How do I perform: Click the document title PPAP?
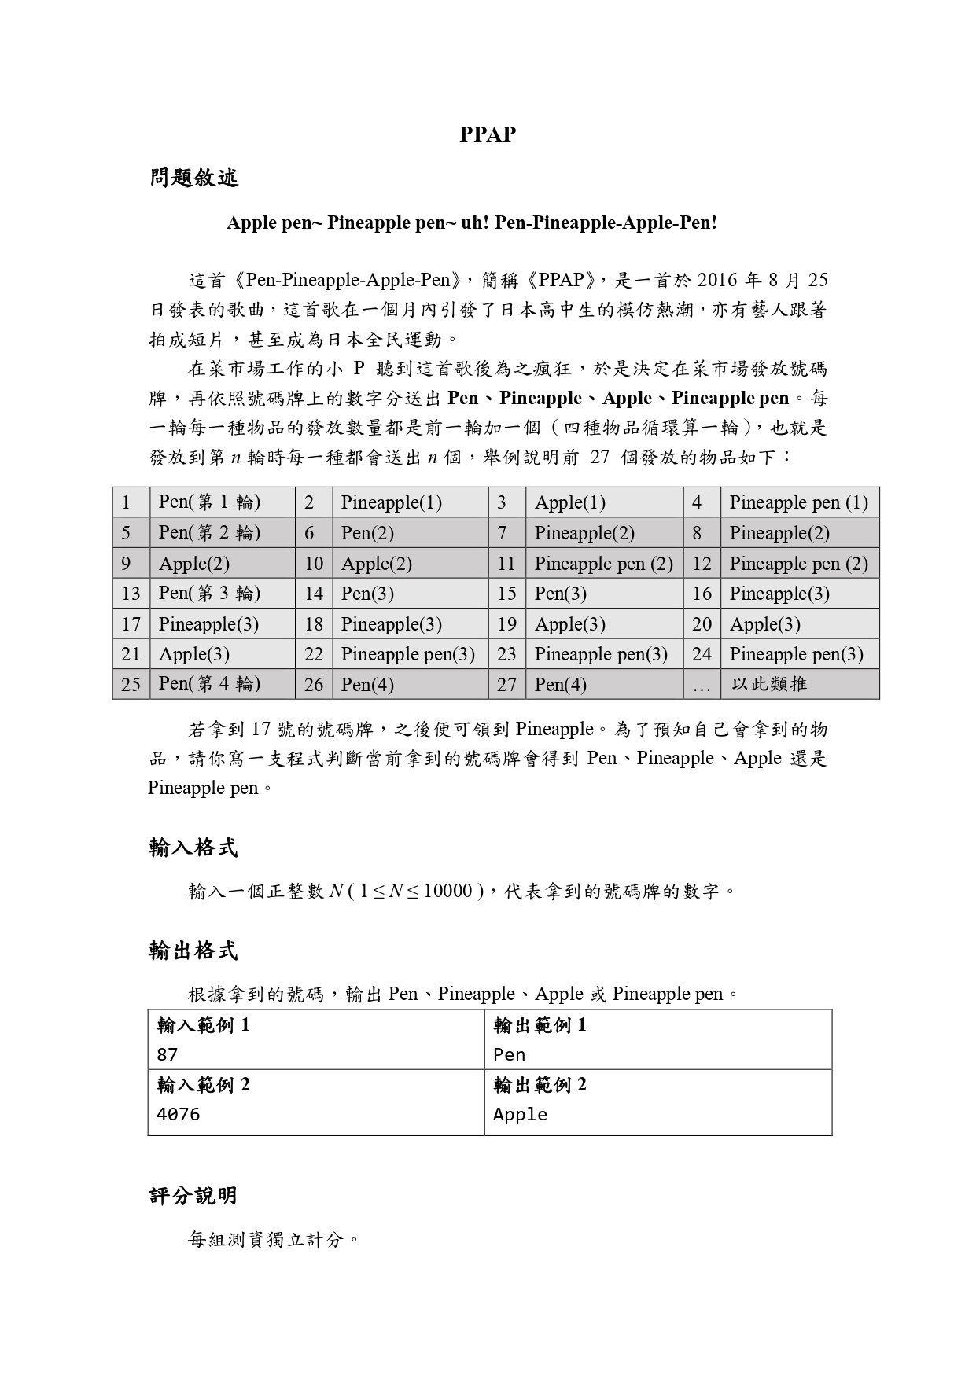(488, 134)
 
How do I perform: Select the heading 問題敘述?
(193, 178)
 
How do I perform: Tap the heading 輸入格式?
(193, 848)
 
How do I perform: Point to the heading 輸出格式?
(193, 951)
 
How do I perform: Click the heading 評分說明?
(193, 1196)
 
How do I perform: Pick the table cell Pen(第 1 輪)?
(209, 502)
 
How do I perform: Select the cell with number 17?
(131, 624)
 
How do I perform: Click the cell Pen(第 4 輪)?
(209, 684)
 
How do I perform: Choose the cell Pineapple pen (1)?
(798, 502)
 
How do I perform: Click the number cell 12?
(702, 564)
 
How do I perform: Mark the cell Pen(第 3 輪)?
(209, 594)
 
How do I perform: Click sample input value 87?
(168, 1054)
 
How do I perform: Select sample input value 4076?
(178, 1114)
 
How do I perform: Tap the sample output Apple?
(520, 1114)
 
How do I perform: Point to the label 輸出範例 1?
(540, 1025)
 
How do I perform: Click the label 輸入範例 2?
(203, 1085)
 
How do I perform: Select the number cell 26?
(313, 685)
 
